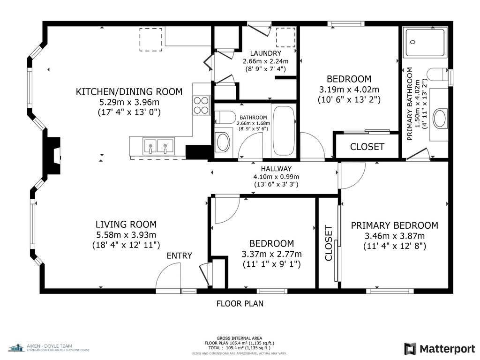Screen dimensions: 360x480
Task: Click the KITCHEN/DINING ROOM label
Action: (x=129, y=92)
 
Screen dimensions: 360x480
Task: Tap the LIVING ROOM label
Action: (x=126, y=225)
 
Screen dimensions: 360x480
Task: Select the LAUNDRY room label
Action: (x=265, y=53)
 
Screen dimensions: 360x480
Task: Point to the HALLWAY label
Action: (x=276, y=169)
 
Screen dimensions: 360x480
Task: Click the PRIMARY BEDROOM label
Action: (x=394, y=225)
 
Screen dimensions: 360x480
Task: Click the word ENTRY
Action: (x=180, y=255)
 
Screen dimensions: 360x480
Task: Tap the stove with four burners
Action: (x=202, y=105)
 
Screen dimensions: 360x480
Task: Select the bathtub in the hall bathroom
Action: (x=284, y=131)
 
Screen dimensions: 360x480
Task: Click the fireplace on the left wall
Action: (x=53, y=155)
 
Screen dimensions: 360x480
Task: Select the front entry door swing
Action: (x=169, y=277)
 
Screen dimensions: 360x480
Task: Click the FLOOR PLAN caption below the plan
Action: (x=240, y=303)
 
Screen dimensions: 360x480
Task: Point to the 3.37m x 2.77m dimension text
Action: (x=271, y=254)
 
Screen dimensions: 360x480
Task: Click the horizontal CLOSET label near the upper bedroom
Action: (x=367, y=147)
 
